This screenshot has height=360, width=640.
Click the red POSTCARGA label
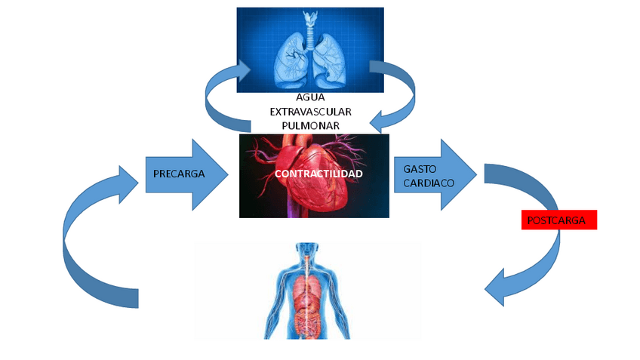559,220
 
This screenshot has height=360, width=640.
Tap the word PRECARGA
179,174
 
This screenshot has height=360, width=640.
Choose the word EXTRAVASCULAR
311,111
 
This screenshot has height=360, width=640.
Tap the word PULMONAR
310,125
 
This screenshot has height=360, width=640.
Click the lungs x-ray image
309,49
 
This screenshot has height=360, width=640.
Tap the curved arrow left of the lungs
220,94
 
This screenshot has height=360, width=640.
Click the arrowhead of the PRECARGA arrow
211,174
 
